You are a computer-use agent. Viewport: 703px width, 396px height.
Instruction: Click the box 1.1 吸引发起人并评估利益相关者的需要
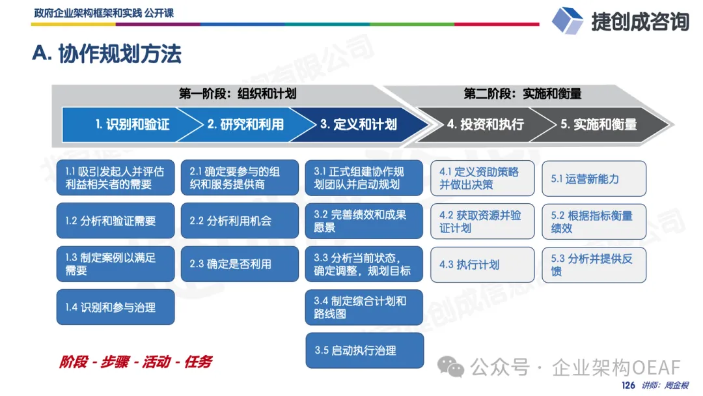click(116, 178)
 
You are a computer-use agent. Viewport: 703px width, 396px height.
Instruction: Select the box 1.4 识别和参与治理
click(116, 307)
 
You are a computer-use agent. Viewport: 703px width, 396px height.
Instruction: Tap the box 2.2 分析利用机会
click(240, 221)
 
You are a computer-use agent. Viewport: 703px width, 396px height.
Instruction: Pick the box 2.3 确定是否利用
click(240, 264)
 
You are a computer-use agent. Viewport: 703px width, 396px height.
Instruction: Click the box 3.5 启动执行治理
click(365, 350)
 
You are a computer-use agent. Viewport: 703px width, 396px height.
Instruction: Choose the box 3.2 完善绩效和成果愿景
click(364, 221)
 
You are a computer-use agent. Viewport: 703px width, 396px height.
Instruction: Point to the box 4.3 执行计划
click(482, 264)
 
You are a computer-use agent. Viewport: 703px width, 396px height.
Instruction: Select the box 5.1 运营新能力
click(594, 178)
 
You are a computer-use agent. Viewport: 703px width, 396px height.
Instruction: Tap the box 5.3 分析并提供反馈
click(594, 264)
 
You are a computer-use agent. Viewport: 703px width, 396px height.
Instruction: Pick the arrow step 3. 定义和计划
click(359, 124)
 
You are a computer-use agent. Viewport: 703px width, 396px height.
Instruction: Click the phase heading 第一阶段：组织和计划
click(238, 94)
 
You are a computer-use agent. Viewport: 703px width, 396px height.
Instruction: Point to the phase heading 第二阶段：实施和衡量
click(522, 94)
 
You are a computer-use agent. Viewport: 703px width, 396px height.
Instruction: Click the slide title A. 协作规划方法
click(107, 54)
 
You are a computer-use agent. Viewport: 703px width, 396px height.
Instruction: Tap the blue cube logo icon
click(567, 20)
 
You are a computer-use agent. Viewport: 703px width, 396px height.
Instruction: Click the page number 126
click(628, 385)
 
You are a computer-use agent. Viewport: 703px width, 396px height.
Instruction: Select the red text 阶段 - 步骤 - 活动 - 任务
click(135, 362)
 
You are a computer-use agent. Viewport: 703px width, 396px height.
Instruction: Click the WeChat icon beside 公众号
click(450, 367)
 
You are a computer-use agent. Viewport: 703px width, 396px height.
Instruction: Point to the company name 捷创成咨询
click(641, 21)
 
